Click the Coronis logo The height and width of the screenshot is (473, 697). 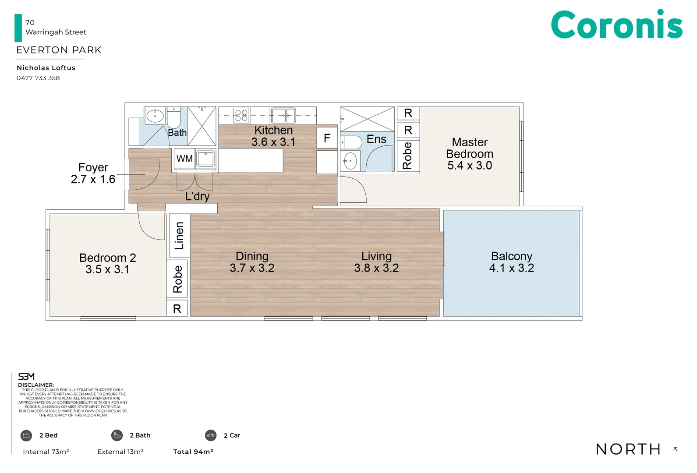[616, 25]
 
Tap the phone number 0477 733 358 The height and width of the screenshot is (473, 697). [38, 78]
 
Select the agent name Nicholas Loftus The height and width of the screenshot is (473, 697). [46, 68]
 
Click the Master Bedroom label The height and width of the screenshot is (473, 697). [470, 154]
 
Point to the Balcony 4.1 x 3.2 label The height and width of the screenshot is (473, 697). [512, 262]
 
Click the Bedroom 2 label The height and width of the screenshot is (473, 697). [107, 263]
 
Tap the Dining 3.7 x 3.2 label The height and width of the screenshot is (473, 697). [252, 262]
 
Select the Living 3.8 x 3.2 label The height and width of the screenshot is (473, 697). [376, 262]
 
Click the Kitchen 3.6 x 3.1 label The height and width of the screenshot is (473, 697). [273, 136]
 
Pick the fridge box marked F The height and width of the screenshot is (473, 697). [327, 138]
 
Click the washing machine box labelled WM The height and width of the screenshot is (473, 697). [184, 159]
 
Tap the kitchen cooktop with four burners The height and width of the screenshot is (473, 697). [241, 115]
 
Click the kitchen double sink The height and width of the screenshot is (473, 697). [283, 115]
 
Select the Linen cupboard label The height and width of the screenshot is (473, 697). [179, 236]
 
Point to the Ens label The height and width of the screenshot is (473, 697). [376, 139]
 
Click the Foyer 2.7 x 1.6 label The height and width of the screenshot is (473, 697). [93, 173]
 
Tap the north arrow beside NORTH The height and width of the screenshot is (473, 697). [676, 449]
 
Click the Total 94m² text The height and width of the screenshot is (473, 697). [193, 452]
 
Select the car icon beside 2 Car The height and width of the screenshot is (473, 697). [211, 435]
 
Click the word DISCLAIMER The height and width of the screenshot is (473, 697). [36, 385]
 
